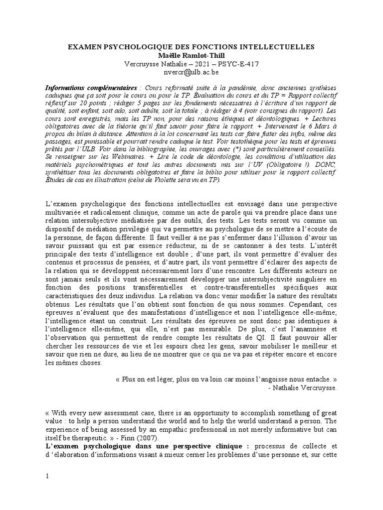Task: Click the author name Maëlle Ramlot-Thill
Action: tap(191, 55)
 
